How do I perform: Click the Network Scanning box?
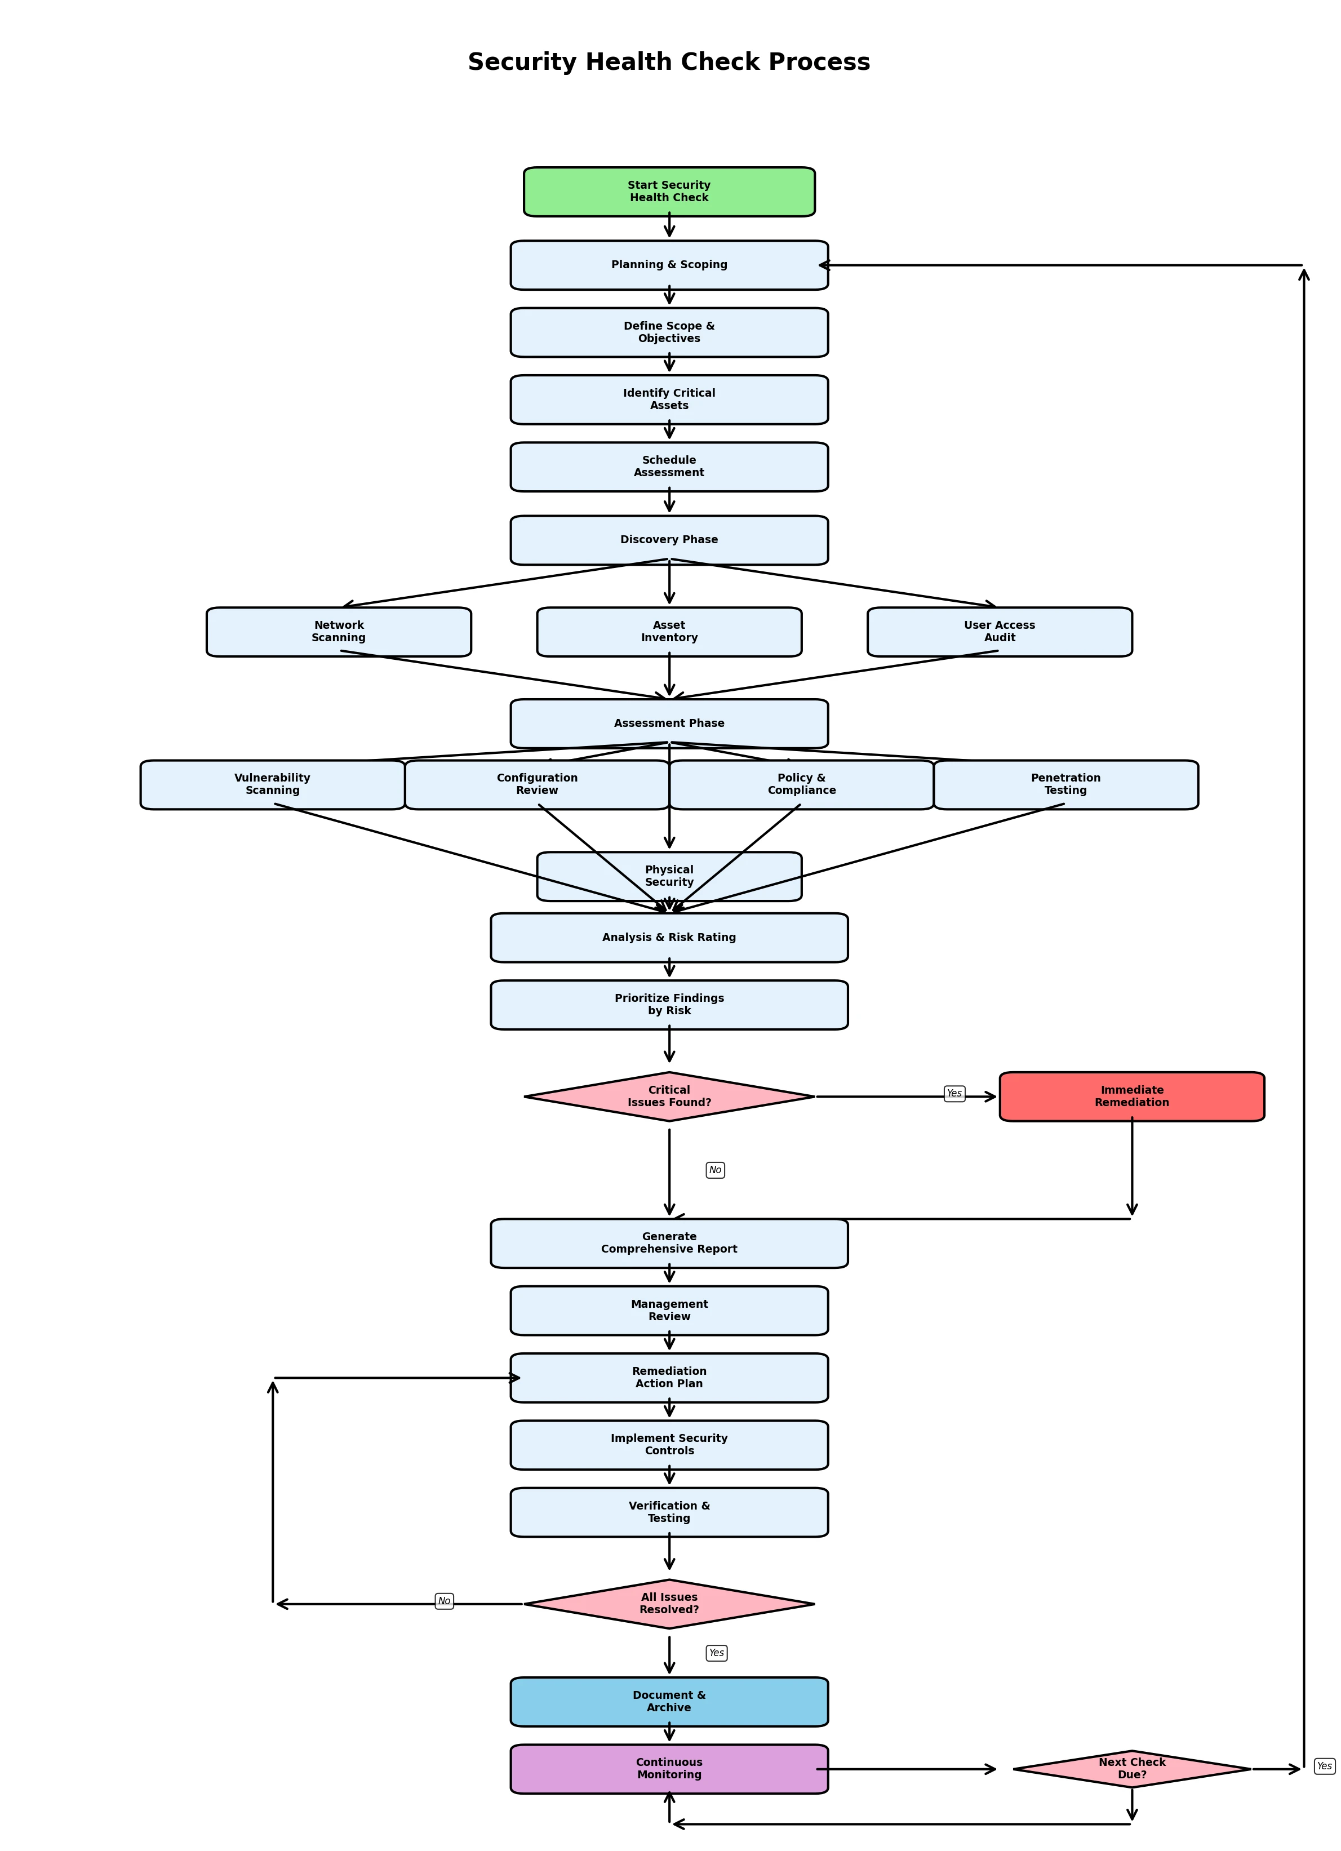pyautogui.click(x=339, y=632)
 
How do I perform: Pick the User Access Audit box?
pyautogui.click(x=999, y=632)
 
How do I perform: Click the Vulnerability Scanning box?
pyautogui.click(x=273, y=784)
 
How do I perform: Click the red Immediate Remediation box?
pyautogui.click(x=1131, y=1096)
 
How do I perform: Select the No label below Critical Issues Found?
pyautogui.click(x=715, y=1170)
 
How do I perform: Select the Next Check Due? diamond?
pyautogui.click(x=1131, y=1769)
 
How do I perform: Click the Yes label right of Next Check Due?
pyautogui.click(x=1324, y=1766)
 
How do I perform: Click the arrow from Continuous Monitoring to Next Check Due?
pyautogui.click(x=906, y=1769)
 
